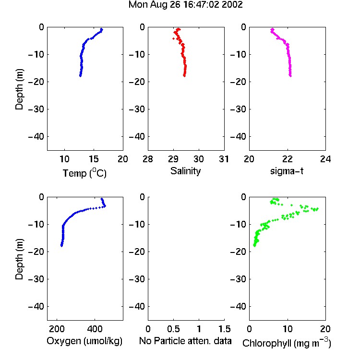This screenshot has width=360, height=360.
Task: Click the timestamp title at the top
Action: point(185,5)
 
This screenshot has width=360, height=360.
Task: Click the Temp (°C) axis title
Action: point(84,173)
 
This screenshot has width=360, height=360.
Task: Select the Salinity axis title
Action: point(185,171)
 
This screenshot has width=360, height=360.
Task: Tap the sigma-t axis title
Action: point(287,171)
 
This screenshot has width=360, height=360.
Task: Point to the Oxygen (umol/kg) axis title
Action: point(84,341)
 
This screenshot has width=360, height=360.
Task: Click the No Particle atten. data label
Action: point(185,341)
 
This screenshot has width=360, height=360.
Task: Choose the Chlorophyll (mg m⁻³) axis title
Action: point(287,343)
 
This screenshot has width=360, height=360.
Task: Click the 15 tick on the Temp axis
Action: point(94,159)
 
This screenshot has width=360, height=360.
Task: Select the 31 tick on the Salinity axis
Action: point(224,159)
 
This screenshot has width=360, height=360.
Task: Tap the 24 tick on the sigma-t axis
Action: point(325,159)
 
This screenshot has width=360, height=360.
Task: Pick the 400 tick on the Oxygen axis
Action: point(95,329)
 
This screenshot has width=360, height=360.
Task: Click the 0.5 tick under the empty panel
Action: point(174,329)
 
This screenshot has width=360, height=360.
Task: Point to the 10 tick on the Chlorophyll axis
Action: point(288,329)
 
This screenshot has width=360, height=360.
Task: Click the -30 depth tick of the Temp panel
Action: point(36,109)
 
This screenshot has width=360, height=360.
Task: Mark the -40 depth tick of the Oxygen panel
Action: point(36,306)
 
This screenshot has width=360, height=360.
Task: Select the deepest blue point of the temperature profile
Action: point(80,75)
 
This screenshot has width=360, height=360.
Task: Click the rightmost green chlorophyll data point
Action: point(317,209)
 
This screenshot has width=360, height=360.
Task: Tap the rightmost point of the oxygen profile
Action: point(105,206)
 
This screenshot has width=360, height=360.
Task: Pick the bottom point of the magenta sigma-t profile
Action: point(290,75)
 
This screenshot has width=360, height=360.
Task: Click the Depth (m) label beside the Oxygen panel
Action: point(19,259)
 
